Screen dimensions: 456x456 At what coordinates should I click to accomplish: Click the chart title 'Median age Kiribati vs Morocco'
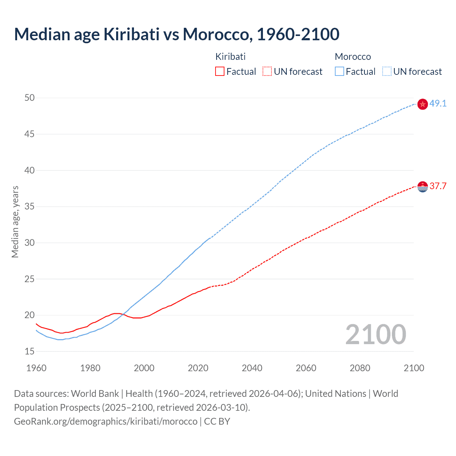coord(176,34)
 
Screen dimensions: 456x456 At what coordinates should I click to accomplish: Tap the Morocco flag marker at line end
coord(422,104)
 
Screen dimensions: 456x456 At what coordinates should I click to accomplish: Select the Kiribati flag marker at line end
coord(422,187)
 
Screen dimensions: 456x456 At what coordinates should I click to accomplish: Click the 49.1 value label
coord(438,103)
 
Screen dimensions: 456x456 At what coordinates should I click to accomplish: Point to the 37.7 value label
coord(438,186)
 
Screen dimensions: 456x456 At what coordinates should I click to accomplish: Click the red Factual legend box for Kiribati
coord(220,72)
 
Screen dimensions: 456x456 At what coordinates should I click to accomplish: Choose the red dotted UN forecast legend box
coord(267,72)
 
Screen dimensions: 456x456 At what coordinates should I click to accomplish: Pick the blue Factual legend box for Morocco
coord(339,72)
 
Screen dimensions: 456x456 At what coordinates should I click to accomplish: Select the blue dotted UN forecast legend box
coord(387,72)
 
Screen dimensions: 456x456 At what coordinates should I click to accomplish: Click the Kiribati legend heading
coord(230,57)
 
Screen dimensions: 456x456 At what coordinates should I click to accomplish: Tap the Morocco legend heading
coord(353,57)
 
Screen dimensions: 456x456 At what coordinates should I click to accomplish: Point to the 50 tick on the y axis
coord(30,98)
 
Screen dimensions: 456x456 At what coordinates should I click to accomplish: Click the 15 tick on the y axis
coord(30,351)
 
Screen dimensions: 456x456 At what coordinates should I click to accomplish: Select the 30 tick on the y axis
coord(30,243)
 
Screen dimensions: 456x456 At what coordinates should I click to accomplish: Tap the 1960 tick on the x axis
coord(36,368)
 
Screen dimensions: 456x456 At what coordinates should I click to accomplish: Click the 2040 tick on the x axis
coord(252,368)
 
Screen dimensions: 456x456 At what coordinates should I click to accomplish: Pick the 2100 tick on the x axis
coord(414,368)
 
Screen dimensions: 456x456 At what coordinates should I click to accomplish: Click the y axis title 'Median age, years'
coord(15,222)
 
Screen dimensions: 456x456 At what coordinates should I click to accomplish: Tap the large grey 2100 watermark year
coord(375,335)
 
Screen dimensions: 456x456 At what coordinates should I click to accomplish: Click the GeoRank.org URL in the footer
coord(105,421)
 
